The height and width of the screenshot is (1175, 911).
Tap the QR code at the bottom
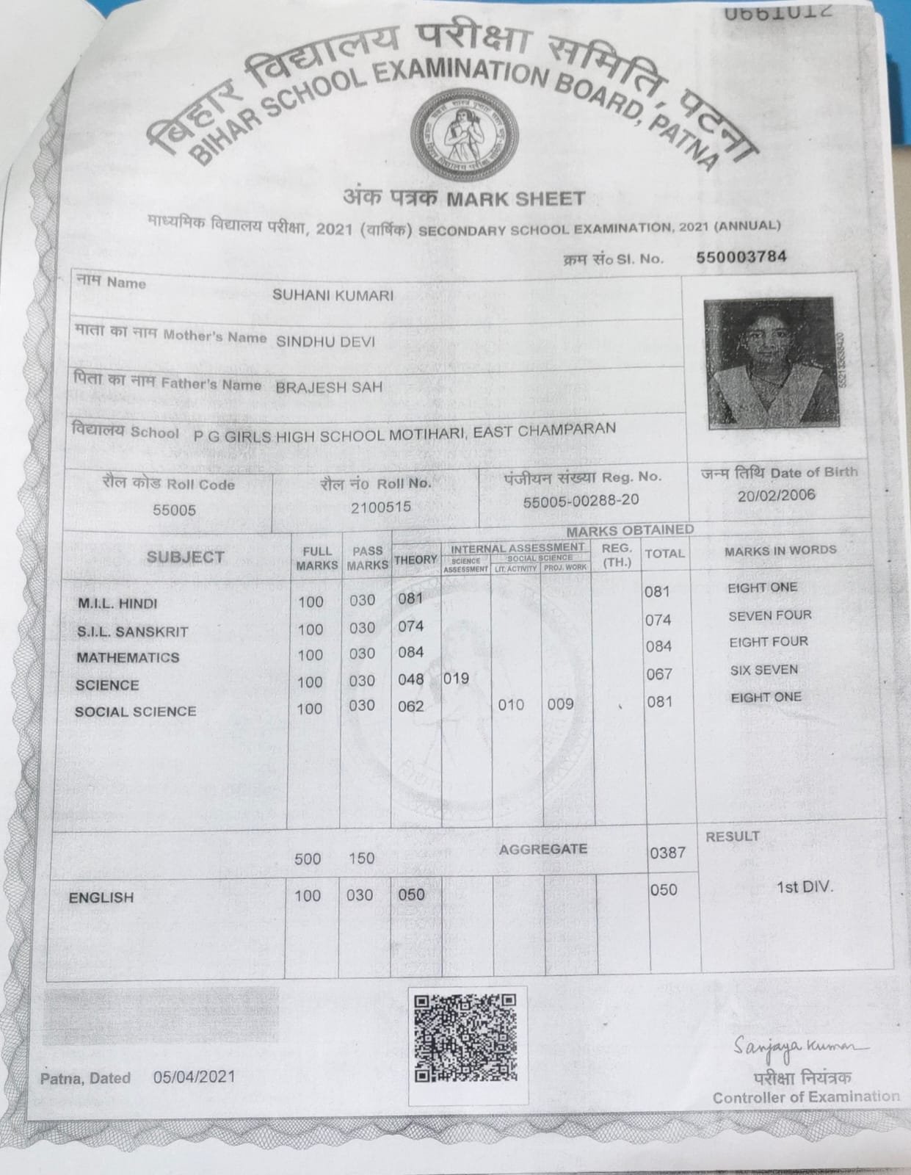[x=465, y=1038]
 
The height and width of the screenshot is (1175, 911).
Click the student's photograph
[x=769, y=360]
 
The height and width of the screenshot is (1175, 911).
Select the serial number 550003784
[x=741, y=256]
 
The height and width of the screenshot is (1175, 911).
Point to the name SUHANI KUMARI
[x=333, y=295]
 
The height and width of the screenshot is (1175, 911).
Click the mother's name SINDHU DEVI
[x=325, y=341]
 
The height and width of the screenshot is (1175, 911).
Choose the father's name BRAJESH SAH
[x=329, y=387]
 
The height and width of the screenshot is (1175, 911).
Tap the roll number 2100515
[x=380, y=507]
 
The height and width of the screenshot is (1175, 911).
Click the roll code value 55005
[x=174, y=509]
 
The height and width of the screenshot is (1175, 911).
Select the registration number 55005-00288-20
[x=581, y=500]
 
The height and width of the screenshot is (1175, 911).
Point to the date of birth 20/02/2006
[x=777, y=494]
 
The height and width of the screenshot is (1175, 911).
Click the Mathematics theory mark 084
[x=410, y=652]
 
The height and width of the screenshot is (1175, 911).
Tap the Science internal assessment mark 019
[x=456, y=679]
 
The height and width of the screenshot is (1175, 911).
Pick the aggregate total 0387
[x=667, y=853]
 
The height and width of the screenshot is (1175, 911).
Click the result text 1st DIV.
[x=805, y=886]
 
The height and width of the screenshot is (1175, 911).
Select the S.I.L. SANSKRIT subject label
[x=133, y=632]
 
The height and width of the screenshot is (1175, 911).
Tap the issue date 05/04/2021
[x=195, y=1077]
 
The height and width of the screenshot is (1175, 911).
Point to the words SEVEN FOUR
[x=769, y=615]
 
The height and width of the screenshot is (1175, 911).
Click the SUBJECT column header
[x=185, y=557]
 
